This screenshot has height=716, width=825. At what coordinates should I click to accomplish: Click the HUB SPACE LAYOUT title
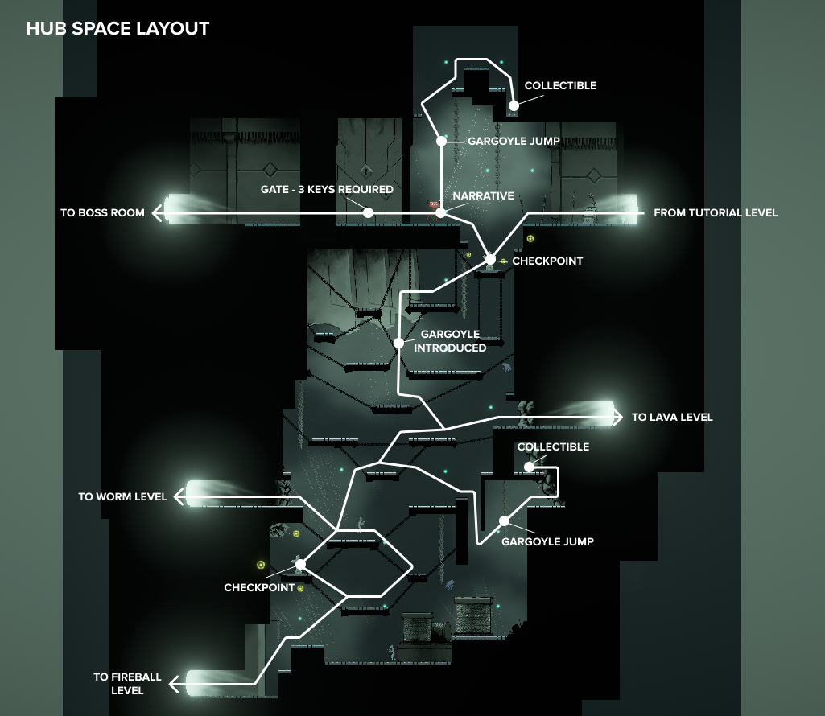118,29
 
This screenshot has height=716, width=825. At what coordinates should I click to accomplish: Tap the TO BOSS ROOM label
102,213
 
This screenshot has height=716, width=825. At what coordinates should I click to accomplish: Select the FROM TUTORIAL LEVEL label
716,213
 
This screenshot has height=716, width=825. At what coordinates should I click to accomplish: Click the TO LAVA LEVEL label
672,418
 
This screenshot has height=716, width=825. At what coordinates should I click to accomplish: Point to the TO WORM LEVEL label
122,497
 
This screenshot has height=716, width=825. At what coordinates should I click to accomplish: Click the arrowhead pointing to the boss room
158,212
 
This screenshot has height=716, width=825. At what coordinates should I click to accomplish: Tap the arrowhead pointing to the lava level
618,417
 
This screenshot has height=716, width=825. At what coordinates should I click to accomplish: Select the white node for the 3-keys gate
368,212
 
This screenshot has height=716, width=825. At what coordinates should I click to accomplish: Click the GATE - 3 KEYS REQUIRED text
327,190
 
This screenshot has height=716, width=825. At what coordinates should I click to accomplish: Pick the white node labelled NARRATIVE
440,212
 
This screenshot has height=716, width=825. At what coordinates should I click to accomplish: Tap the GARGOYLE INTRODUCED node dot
398,343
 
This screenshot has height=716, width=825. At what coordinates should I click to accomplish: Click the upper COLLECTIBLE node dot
514,105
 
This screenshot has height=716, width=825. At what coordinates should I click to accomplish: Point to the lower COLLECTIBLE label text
553,447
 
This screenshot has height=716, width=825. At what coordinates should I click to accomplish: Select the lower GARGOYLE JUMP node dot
504,521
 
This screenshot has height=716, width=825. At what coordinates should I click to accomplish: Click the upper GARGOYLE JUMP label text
514,141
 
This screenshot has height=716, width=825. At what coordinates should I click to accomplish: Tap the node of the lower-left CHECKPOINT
300,565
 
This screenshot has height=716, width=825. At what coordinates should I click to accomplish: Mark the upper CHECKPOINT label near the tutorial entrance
547,261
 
